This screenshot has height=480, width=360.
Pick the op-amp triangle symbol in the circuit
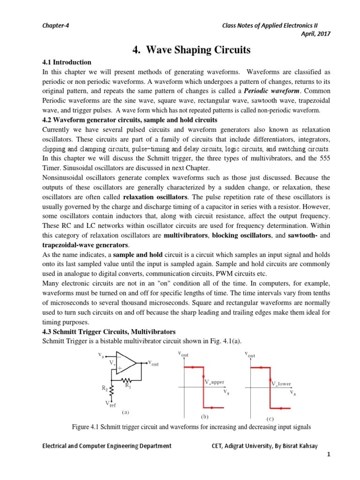125,362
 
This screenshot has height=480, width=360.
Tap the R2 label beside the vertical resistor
105,388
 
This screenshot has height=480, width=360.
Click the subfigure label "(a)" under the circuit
125,412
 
